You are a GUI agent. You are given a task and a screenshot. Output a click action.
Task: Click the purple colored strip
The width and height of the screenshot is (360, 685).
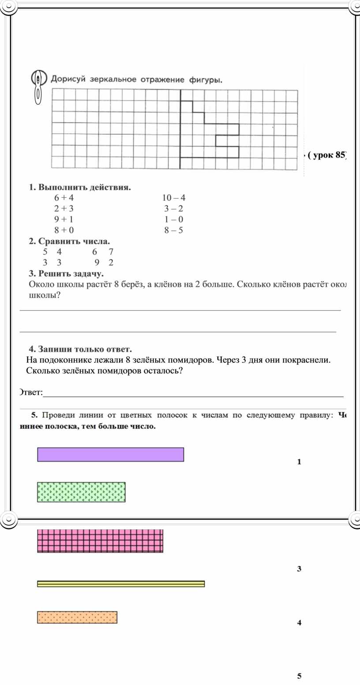coord(110,455)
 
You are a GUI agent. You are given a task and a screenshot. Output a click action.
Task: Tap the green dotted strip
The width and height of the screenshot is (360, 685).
coord(81,492)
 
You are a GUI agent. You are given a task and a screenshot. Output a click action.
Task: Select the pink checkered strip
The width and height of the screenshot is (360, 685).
coord(100,541)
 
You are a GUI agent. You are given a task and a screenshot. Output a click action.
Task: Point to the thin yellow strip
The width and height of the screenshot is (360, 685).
coord(121,584)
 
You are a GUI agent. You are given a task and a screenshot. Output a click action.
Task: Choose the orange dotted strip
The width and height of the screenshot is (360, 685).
coord(77,617)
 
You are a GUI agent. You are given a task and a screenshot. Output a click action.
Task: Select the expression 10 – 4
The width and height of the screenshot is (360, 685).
coord(174,198)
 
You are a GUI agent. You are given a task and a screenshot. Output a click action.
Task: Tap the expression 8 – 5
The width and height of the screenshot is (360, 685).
coord(174,230)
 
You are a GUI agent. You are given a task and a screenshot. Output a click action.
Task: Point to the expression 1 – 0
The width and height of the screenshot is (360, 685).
coord(174,219)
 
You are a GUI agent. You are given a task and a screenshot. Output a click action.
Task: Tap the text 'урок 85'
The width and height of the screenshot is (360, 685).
coord(329,155)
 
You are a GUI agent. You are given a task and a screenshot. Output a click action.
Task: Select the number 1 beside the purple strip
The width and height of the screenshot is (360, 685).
coord(299,462)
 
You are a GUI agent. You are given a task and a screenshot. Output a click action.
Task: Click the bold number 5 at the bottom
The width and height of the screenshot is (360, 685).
coord(299,676)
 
